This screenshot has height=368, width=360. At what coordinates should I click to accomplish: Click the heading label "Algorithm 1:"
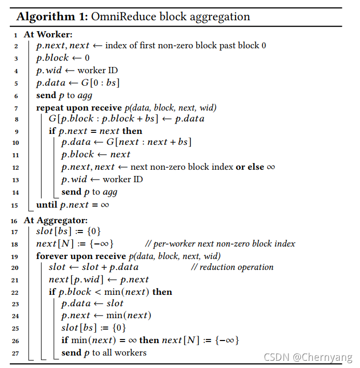point(51,17)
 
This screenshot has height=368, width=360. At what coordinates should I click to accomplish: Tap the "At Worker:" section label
point(48,34)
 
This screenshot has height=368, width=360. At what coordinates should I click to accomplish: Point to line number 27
point(15,353)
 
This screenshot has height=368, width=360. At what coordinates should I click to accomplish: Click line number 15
point(15,205)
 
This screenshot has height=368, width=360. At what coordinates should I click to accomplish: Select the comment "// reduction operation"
point(232,267)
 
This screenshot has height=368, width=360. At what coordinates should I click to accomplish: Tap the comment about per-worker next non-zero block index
point(220,243)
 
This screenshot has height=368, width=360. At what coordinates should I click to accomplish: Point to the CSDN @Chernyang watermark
point(308,358)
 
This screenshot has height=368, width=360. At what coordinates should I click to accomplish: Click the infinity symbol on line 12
point(270,167)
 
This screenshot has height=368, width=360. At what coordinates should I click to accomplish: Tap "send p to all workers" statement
point(104,353)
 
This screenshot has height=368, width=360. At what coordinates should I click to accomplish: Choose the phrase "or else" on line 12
point(247,167)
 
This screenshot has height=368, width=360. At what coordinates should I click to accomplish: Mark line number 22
point(15,292)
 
